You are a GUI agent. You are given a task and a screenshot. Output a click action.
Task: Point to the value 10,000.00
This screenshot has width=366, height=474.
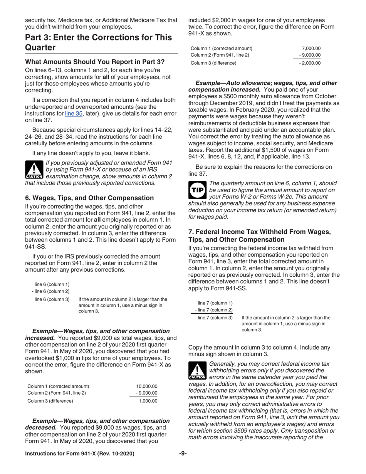coord(147,386)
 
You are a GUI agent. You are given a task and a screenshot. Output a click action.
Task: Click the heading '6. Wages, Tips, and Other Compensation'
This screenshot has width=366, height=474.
coord(89,198)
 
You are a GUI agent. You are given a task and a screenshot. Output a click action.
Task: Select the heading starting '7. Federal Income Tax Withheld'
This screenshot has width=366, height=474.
coord(259,235)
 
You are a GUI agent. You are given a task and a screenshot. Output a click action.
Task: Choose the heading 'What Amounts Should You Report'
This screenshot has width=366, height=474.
coord(95,62)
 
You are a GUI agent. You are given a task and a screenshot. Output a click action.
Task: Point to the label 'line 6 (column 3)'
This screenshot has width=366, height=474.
coord(52,299)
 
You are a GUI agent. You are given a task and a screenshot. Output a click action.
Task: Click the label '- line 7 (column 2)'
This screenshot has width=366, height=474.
coord(214,310)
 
